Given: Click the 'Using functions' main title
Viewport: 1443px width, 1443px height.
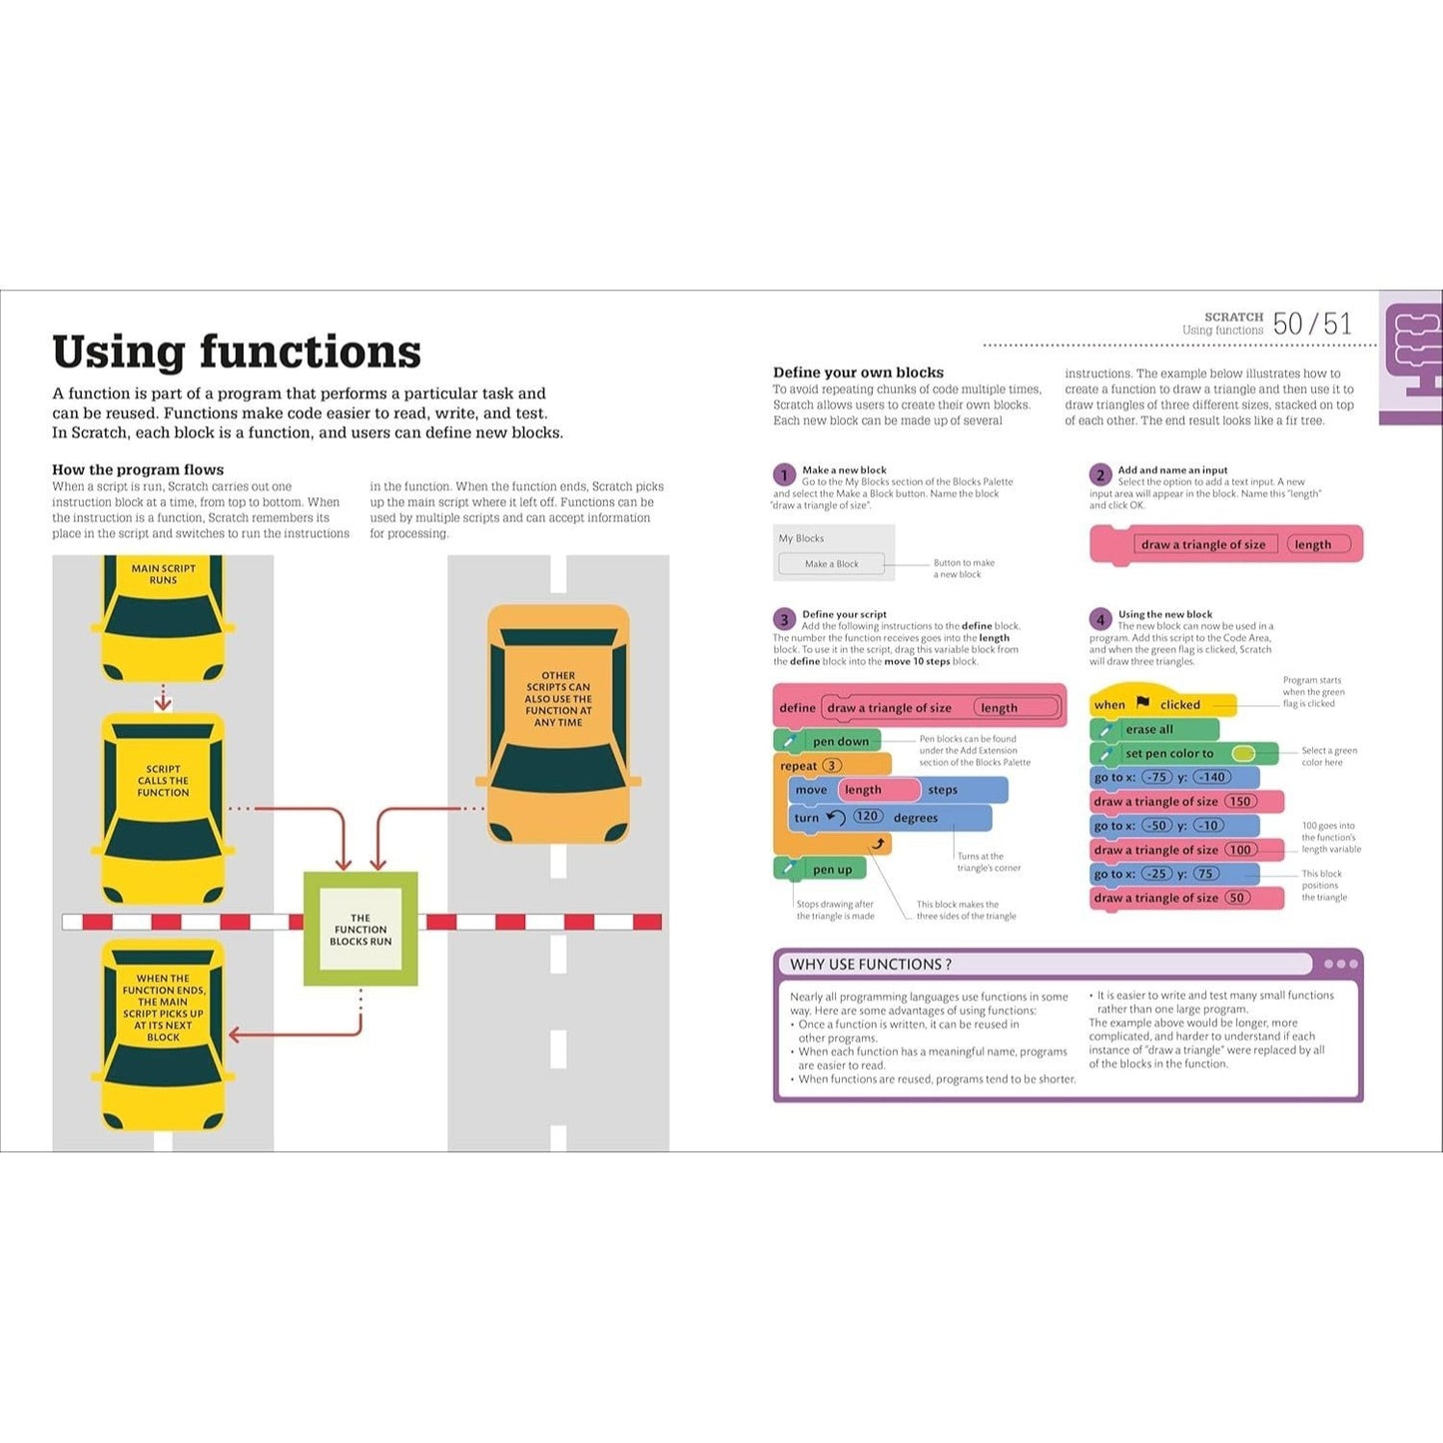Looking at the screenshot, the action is pyautogui.click(x=237, y=352).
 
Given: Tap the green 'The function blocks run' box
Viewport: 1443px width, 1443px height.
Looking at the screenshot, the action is pyautogui.click(x=361, y=929).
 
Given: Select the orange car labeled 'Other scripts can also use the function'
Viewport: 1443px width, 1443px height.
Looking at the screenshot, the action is pyautogui.click(x=558, y=723).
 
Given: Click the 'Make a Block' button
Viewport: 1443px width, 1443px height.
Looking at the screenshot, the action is pyautogui.click(x=831, y=564).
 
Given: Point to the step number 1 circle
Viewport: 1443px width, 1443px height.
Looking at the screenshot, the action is pyautogui.click(x=784, y=474).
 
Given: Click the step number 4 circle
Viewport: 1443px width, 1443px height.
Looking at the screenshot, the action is pyautogui.click(x=1100, y=619).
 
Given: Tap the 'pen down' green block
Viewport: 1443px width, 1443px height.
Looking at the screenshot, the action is pyautogui.click(x=828, y=741).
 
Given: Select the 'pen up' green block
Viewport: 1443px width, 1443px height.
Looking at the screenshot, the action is pyautogui.click(x=820, y=870).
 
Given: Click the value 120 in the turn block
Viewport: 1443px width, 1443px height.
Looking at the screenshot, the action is pyautogui.click(x=867, y=816).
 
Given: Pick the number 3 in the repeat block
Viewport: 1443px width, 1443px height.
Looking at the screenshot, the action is pyautogui.click(x=832, y=765).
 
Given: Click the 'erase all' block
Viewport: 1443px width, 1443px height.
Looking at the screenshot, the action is pyautogui.click(x=1154, y=729).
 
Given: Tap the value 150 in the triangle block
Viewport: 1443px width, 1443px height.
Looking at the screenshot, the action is pyautogui.click(x=1240, y=801).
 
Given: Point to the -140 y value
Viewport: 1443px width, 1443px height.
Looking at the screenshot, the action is pyautogui.click(x=1211, y=777).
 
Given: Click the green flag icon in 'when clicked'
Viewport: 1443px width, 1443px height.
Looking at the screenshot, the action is pyautogui.click(x=1142, y=702).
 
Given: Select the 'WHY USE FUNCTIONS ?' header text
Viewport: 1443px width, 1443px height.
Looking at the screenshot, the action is pyautogui.click(x=870, y=965).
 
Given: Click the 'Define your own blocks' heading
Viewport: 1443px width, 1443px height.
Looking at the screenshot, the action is pyautogui.click(x=858, y=372).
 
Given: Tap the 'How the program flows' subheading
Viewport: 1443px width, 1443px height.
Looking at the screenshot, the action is pyautogui.click(x=138, y=469).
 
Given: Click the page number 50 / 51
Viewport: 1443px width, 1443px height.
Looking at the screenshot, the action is pyautogui.click(x=1312, y=324).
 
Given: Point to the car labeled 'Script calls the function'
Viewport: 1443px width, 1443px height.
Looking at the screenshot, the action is pyautogui.click(x=163, y=809).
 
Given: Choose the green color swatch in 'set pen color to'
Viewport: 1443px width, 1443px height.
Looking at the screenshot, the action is pyautogui.click(x=1243, y=753).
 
